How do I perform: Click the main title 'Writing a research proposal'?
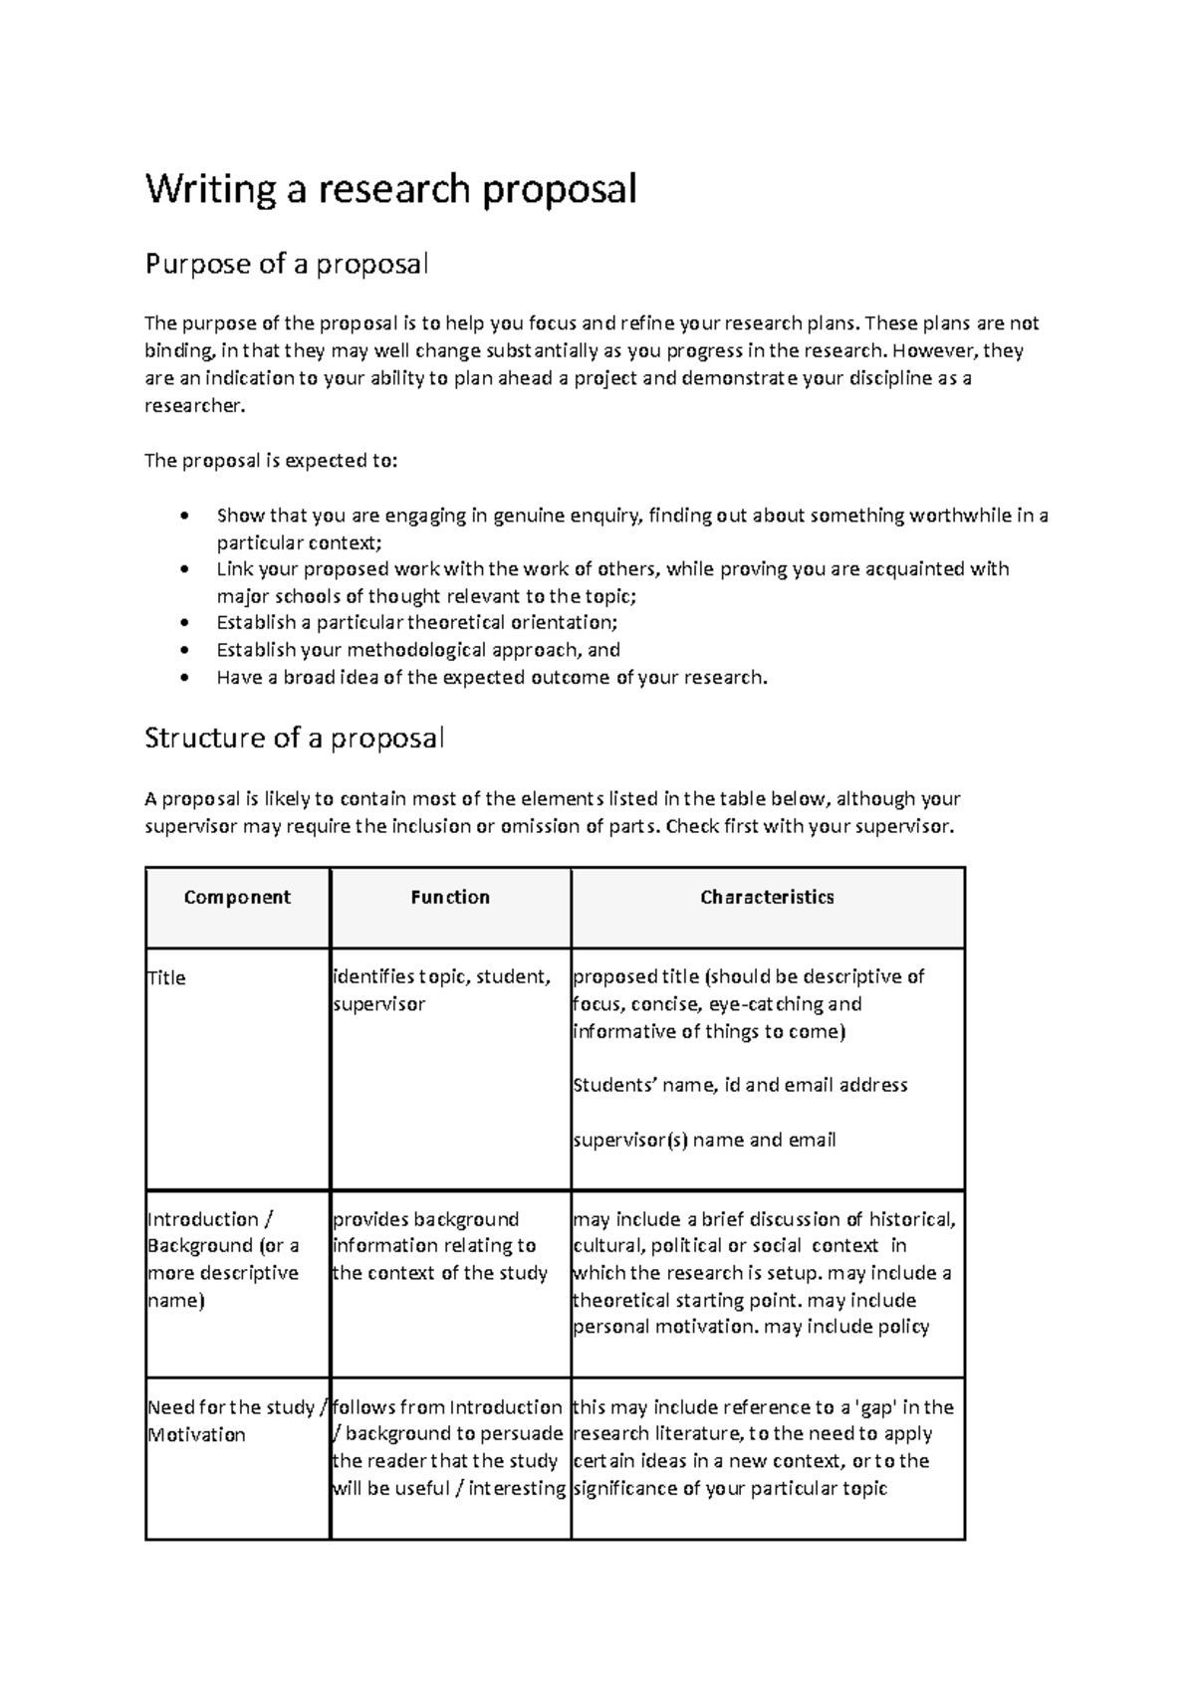(390, 188)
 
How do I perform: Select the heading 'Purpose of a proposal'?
(287, 264)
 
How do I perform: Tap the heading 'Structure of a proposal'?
(294, 738)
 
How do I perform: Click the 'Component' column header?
(237, 897)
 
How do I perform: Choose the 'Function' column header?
(450, 897)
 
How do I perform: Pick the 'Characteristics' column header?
(767, 897)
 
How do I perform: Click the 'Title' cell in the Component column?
(166, 977)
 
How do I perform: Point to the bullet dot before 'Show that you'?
(183, 517)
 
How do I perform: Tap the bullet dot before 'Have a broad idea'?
(183, 679)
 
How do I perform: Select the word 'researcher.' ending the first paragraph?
(194, 406)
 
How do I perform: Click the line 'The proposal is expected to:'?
(271, 461)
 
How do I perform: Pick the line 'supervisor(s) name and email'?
(704, 1140)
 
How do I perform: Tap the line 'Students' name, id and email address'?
(740, 1085)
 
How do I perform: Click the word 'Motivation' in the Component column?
(196, 1434)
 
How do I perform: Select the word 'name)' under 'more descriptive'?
(175, 1300)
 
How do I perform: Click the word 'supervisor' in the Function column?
(378, 1004)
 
